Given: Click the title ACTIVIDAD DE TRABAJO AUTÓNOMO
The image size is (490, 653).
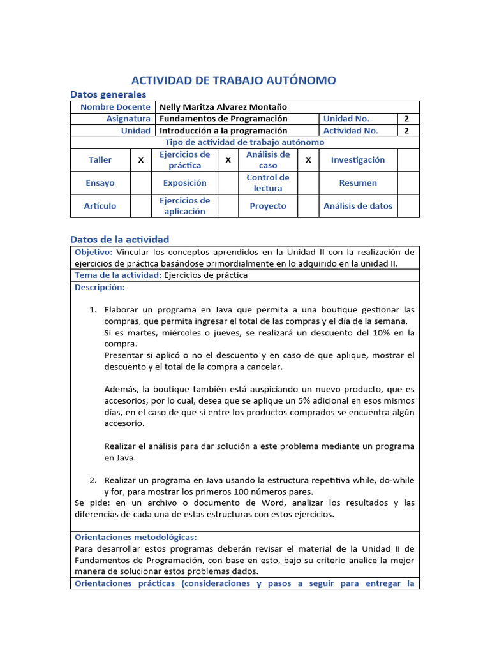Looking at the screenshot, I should coord(233,80).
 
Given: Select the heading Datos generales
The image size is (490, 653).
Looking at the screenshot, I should coord(108,94).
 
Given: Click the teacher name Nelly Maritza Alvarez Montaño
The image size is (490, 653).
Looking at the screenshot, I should coord(223,106).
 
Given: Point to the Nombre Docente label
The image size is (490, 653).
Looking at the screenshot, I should coord(115,106).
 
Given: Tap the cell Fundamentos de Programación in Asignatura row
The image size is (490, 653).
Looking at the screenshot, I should coord(223,119).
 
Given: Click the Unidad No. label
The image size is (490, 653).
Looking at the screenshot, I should coord(346,119).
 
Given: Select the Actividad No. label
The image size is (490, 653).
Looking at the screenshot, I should coord(351,131).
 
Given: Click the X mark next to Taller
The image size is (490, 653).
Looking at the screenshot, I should coord(141,160).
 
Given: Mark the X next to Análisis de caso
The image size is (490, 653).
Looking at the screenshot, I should coord(308,160).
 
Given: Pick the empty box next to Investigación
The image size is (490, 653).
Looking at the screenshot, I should coord(408,160).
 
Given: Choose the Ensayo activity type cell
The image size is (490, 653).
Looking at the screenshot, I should coord(100,183).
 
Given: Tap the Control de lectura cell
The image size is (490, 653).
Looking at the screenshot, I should coord(268,183).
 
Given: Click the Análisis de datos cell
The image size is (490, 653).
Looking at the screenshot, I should coord(358,206).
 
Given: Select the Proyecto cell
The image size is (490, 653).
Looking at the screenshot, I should coord(268,206).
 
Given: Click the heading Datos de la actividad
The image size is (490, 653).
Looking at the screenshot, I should coord(119,239).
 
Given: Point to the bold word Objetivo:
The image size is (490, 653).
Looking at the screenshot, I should coord(94,253).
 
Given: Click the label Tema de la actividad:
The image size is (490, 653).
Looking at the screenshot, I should coord(118,275).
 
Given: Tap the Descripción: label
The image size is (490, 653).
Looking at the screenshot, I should coord(100,288).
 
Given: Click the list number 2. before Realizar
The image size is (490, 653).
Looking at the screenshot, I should coord(93,480).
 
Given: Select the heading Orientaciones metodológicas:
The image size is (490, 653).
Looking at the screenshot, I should coord(136,538).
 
